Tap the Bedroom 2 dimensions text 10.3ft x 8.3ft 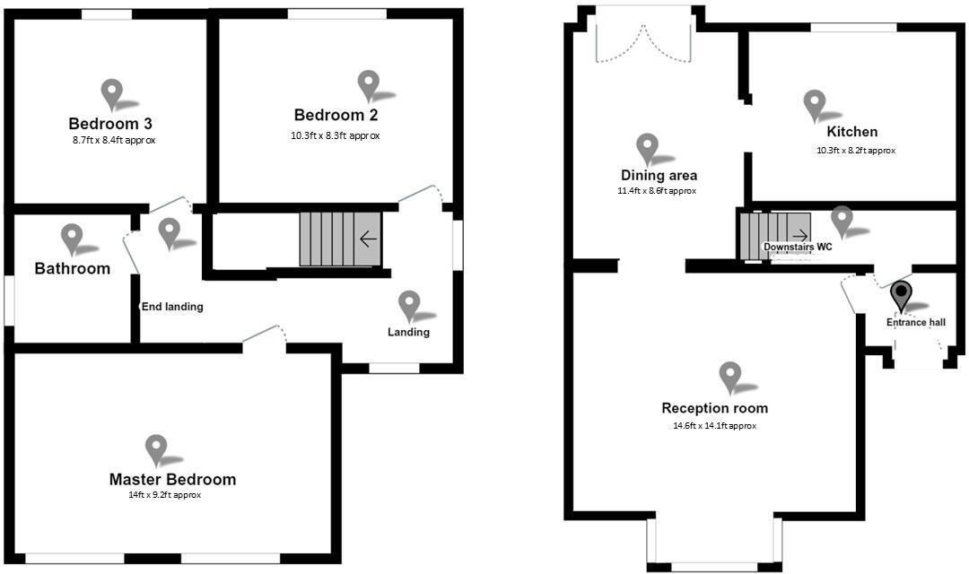[x=336, y=136]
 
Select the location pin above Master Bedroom [x=156, y=449]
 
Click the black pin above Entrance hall [x=900, y=295]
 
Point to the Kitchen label [x=851, y=132]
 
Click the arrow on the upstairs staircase [x=368, y=239]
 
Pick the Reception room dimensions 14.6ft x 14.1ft [x=714, y=426]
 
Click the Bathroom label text [x=72, y=268]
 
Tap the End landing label [x=172, y=307]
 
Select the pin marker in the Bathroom [x=72, y=239]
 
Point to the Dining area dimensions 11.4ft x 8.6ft [x=658, y=191]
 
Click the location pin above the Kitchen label [x=814, y=104]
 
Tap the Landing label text [x=408, y=333]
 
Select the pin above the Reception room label [x=730, y=377]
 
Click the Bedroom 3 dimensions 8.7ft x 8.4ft [x=114, y=141]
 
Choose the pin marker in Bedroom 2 [x=368, y=85]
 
